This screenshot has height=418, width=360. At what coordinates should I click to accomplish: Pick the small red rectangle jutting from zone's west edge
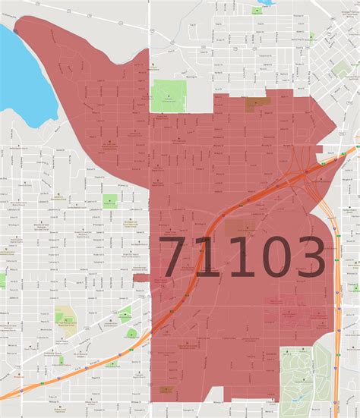(x=141, y=277)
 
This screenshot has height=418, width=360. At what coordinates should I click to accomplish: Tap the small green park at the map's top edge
(x=259, y=10)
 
